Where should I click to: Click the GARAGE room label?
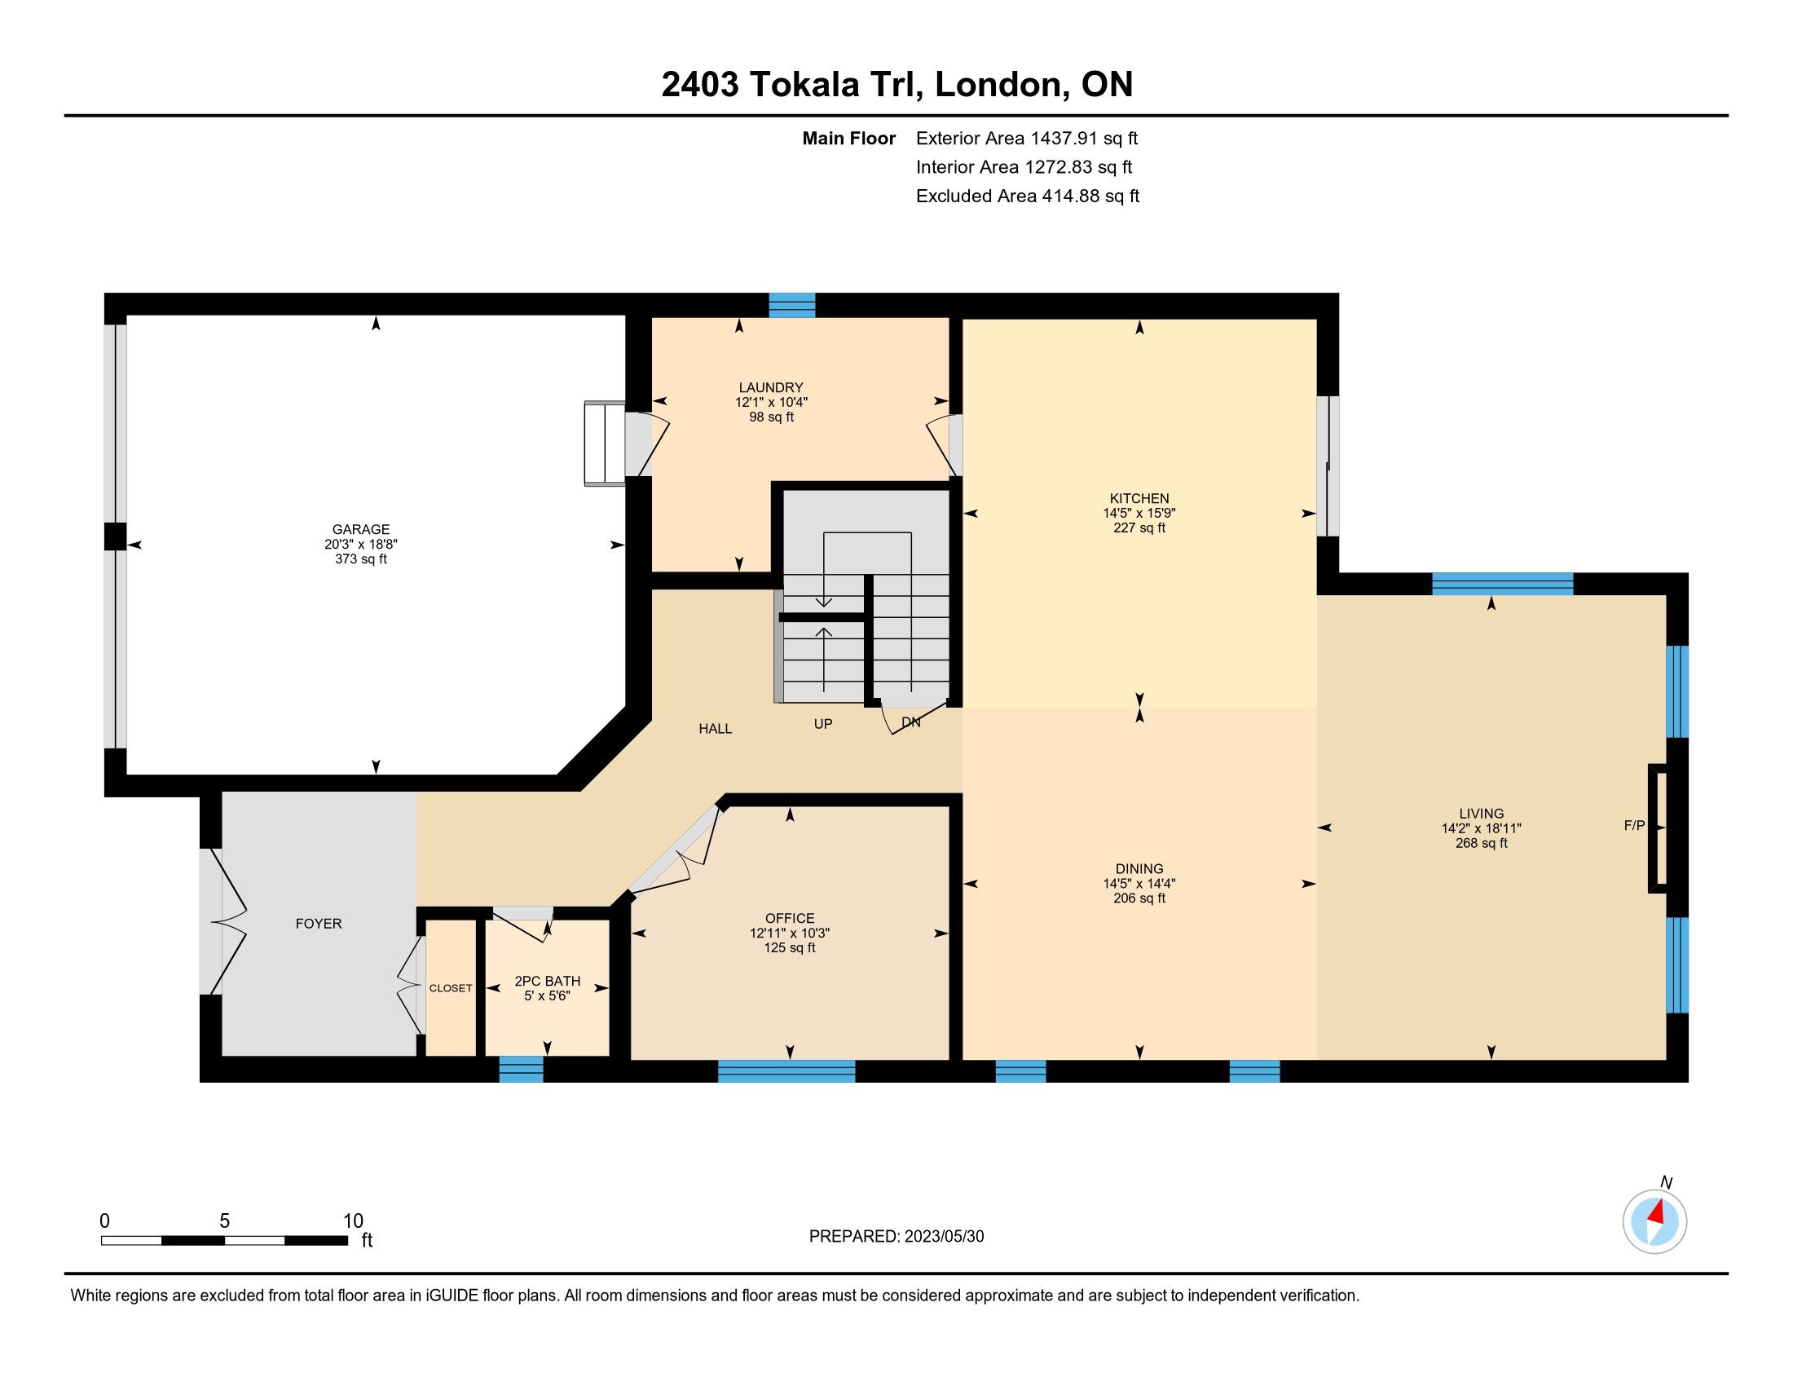[x=360, y=530]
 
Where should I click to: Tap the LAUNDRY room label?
[x=770, y=387]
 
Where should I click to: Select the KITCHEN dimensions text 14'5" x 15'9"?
[x=1139, y=513]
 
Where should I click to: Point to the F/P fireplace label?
[x=1635, y=826]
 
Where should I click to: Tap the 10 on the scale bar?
[x=353, y=1221]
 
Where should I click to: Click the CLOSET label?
[x=451, y=988]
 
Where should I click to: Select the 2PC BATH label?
[x=547, y=981]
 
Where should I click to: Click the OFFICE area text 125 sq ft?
[x=790, y=947]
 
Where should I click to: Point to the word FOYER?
[x=319, y=924]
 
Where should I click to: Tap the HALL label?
[x=715, y=728]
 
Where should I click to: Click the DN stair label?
[x=910, y=722]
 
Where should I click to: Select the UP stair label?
[x=822, y=723]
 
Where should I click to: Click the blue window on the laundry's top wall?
[x=792, y=305]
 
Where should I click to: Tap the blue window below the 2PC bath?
[x=522, y=1070]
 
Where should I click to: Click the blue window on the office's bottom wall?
[x=786, y=1070]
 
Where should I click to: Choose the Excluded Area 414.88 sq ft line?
[x=1028, y=196]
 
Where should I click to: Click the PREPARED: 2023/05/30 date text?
[x=896, y=1236]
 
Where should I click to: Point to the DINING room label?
[x=1139, y=869]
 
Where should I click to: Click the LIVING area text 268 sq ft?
[x=1481, y=843]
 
